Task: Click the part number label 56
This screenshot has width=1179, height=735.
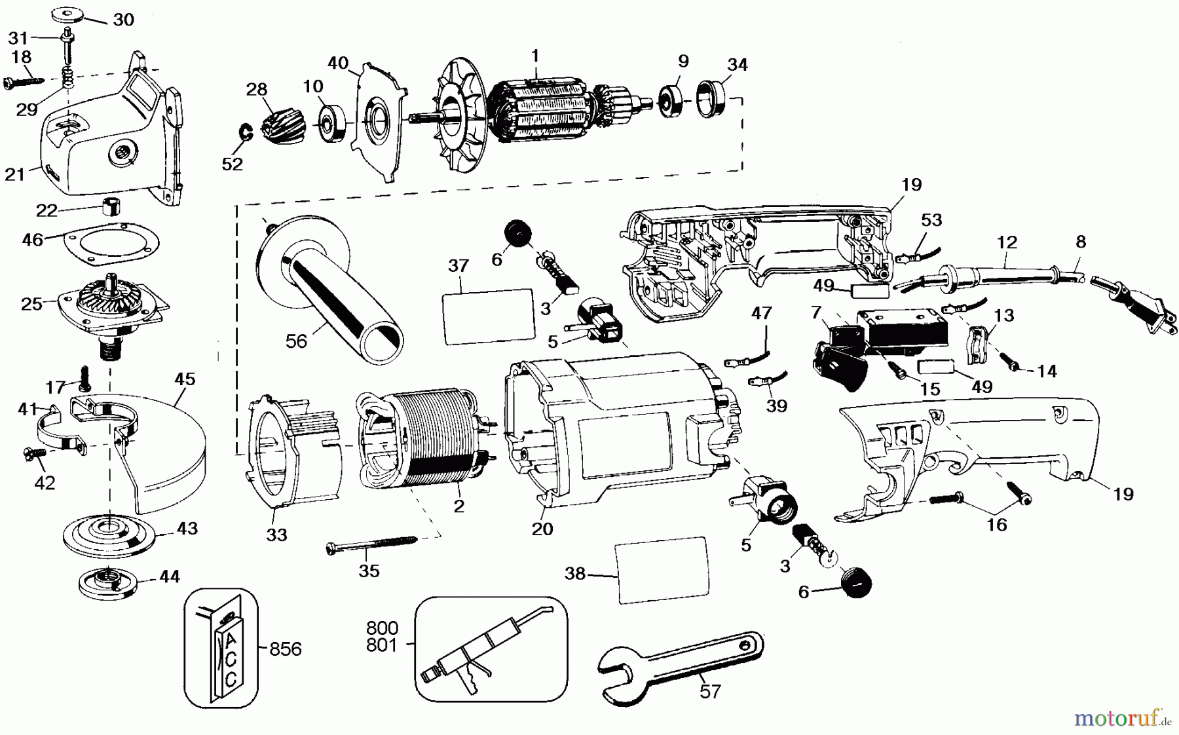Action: click(x=296, y=341)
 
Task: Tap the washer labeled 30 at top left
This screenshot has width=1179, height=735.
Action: click(x=70, y=12)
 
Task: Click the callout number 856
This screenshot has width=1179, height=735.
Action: click(x=285, y=649)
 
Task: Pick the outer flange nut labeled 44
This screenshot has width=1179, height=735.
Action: click(x=107, y=582)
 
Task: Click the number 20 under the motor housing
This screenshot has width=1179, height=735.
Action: click(x=542, y=528)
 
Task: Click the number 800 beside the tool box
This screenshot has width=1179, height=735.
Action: click(x=382, y=629)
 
